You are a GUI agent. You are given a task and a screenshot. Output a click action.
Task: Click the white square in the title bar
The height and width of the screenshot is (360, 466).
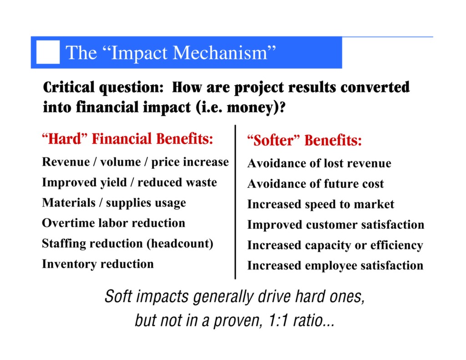point(48,52)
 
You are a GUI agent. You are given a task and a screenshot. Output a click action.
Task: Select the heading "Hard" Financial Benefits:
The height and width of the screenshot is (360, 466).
point(127,139)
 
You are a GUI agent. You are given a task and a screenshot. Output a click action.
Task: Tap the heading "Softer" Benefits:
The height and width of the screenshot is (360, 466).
point(304,140)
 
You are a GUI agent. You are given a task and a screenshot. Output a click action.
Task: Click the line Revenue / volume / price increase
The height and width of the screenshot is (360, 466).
point(135,162)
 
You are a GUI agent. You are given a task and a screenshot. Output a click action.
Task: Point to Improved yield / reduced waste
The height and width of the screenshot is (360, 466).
point(129,183)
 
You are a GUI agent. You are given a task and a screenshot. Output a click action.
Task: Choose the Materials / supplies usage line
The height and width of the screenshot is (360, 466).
point(114,203)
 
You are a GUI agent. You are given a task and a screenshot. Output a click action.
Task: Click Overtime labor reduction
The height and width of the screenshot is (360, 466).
point(113,223)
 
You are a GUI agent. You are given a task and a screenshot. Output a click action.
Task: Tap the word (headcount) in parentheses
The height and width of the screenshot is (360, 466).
point(180,243)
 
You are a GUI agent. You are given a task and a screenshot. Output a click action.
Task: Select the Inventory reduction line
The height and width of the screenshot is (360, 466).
point(97,264)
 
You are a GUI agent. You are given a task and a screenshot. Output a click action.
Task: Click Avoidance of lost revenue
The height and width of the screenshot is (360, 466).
point(319,163)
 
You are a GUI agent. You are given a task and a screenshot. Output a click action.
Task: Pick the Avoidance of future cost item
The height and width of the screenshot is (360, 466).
point(315,184)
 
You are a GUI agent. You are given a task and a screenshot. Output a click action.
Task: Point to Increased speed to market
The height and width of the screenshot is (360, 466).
point(320,204)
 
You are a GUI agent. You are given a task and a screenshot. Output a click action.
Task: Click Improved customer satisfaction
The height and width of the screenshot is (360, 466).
point(335,225)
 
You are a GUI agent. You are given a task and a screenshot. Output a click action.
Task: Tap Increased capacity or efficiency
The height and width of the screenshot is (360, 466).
point(335,245)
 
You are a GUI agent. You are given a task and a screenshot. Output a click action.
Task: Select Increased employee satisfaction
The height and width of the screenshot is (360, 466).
point(335,265)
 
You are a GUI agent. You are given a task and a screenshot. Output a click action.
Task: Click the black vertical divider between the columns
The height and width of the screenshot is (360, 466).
point(235,203)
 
